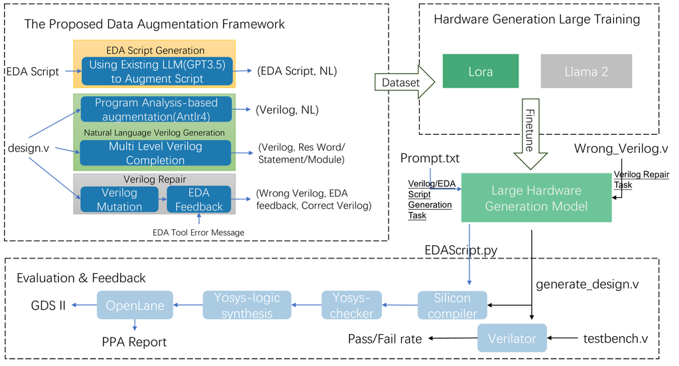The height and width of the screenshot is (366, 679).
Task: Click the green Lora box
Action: pos(481,71)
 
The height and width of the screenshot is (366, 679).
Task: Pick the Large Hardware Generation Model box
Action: pos(536,198)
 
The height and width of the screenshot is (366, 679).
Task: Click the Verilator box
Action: pos(512,338)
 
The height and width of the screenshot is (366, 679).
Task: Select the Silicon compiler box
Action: pos(452,305)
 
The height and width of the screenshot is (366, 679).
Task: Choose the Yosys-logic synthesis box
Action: pos(247,305)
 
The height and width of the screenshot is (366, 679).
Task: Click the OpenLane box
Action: pos(135,305)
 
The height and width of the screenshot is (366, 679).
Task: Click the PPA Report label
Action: pos(134,342)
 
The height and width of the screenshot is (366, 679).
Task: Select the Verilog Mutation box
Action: pos(120,199)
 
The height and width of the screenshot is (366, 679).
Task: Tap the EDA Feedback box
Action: pos(199,199)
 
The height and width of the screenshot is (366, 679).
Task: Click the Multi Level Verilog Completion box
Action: pos(155,153)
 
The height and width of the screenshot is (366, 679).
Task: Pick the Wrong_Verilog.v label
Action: pos(621,145)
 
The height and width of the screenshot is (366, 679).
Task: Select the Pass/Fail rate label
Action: pos(385,339)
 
